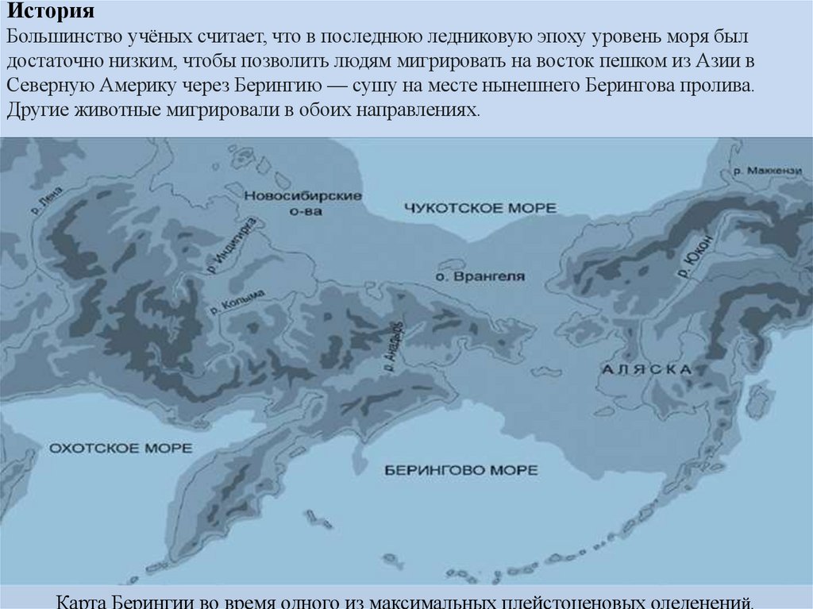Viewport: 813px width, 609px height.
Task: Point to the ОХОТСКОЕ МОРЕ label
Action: point(121,449)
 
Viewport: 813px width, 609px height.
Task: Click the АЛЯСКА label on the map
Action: point(647,369)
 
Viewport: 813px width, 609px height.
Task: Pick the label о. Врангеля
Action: point(480,277)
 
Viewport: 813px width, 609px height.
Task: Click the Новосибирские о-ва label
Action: point(302,203)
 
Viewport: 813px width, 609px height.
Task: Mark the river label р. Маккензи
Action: point(769,170)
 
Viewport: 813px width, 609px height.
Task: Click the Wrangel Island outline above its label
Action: point(451,264)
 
